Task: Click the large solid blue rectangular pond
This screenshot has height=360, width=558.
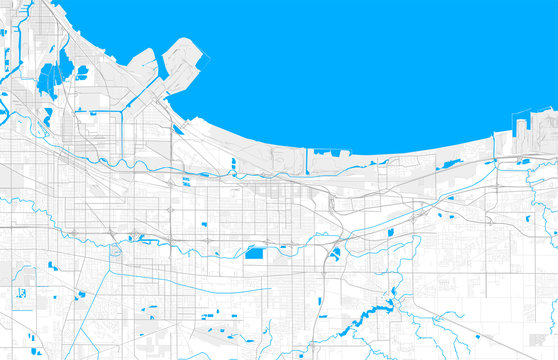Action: pyautogui.click(x=254, y=253)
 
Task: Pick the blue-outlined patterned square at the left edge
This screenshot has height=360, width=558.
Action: pyautogui.click(x=19, y=293)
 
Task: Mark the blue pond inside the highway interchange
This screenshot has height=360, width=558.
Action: pyautogui.click(x=334, y=254)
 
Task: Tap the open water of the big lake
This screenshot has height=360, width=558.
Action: pyautogui.click(x=380, y=60)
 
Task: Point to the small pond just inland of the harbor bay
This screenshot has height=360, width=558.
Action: pyautogui.click(x=176, y=128)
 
